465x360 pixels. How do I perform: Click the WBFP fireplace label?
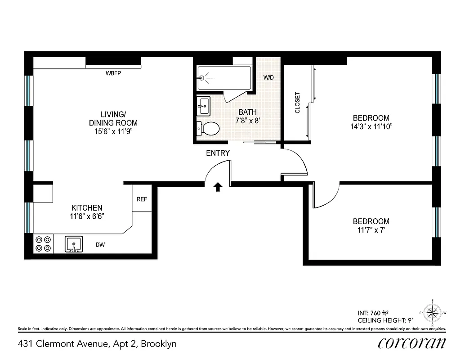tap(113, 73)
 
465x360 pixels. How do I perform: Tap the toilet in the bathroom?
tap(208, 129)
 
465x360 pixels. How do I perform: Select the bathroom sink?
tap(203, 107)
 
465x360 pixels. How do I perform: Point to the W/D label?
tap(268, 77)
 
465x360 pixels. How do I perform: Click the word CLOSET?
tap(297, 103)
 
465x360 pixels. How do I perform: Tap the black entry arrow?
tap(218, 187)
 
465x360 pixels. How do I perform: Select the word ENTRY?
tap(218, 153)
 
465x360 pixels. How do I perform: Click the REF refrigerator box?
tap(142, 199)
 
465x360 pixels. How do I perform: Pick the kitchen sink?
tap(74, 244)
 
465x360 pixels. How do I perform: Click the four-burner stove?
tap(43, 244)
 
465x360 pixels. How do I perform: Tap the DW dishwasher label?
tap(100, 245)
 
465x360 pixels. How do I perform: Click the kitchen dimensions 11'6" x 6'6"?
tap(87, 216)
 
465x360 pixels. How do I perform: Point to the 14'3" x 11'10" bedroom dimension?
tap(371, 126)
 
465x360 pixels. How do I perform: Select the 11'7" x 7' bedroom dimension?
tap(371, 230)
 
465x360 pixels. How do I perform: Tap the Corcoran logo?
tap(412, 343)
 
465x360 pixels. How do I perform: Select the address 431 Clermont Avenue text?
tap(97, 344)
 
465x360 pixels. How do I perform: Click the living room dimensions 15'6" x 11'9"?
tap(113, 131)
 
